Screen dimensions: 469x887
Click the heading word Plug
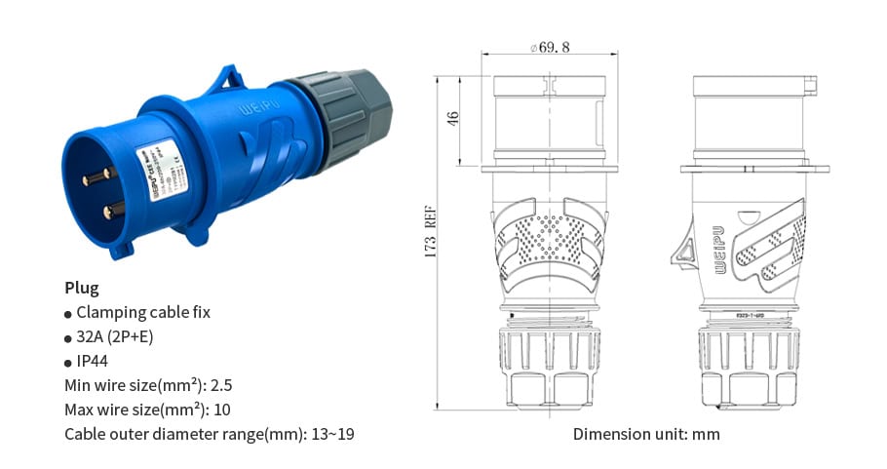81,288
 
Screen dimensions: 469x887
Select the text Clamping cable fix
142,312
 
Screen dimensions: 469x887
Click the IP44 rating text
92,361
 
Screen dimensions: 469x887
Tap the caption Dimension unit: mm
645,434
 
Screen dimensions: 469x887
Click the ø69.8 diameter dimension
550,47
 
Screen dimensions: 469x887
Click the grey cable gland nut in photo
339,117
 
